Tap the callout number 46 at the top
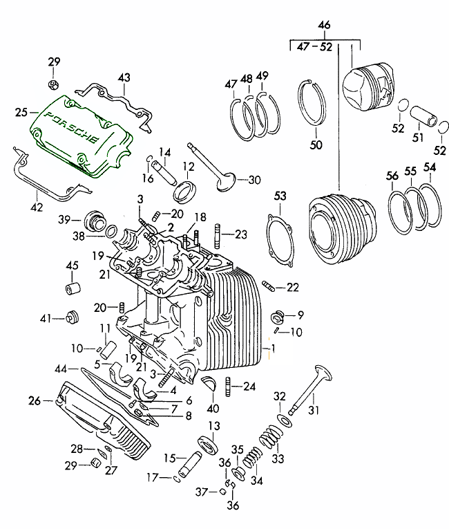pyautogui.click(x=324, y=26)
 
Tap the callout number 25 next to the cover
pyautogui.click(x=21, y=111)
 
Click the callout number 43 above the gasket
pyautogui.click(x=123, y=77)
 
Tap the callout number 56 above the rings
pyautogui.click(x=392, y=176)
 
